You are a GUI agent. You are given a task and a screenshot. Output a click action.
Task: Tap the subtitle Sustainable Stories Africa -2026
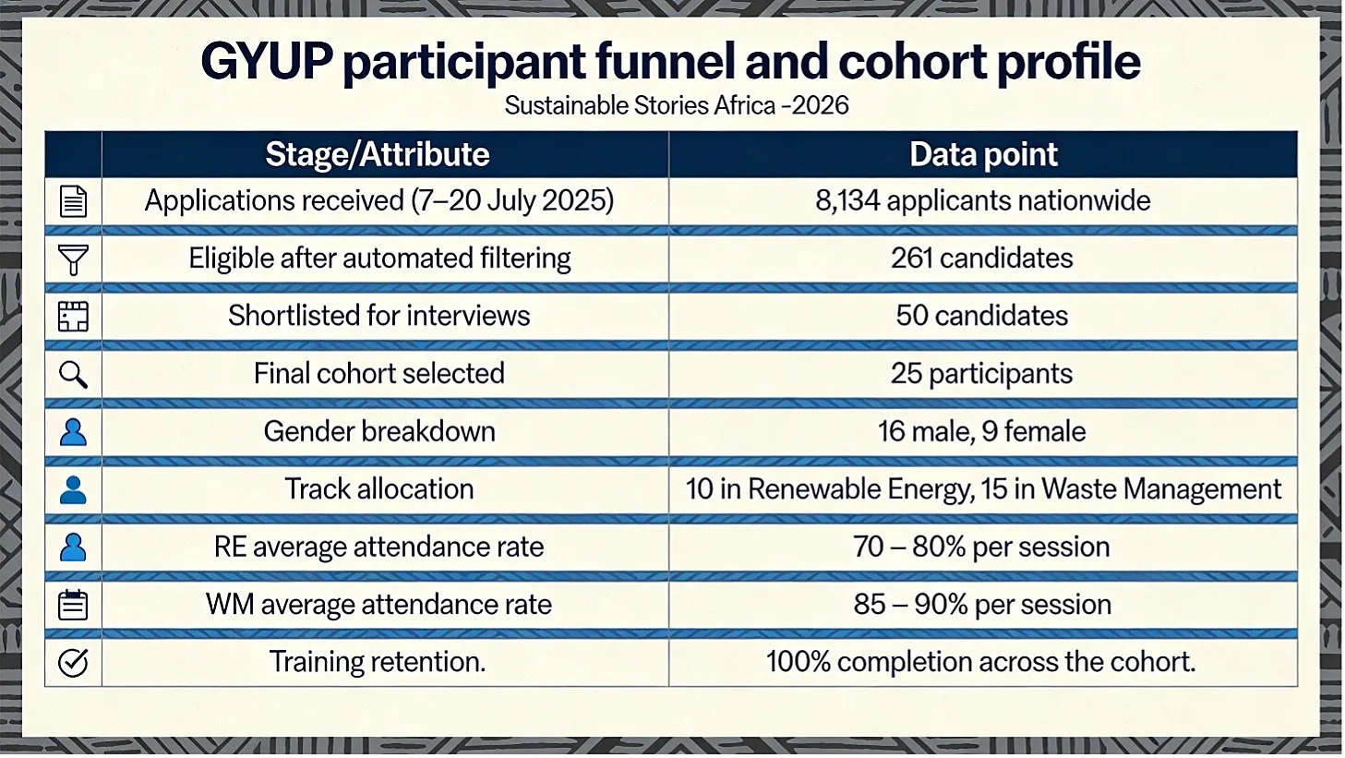pos(677,105)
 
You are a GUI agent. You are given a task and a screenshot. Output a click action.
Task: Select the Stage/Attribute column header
pos(377,154)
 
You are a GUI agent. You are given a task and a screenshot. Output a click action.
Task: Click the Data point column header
pos(983,154)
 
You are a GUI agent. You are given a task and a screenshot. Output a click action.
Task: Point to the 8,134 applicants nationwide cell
pos(983,200)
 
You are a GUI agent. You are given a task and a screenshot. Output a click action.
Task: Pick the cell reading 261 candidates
pos(981,259)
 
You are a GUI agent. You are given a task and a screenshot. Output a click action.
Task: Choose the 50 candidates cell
pos(981,316)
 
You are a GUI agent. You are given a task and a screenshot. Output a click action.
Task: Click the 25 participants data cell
pos(981,374)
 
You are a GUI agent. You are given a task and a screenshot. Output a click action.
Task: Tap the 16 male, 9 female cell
pos(981,431)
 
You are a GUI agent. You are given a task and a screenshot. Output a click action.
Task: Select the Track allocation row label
pos(378,489)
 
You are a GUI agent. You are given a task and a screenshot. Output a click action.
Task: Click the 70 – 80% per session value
pos(981,547)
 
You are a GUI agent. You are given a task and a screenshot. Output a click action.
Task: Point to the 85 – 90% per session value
pos(982,604)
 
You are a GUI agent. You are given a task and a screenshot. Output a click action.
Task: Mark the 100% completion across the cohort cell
pos(981,662)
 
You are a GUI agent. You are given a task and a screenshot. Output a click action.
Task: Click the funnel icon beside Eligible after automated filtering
pos(73,259)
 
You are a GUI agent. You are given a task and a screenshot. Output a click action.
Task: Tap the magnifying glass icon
pos(73,375)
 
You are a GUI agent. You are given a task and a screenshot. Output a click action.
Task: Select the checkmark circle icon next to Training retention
pos(73,663)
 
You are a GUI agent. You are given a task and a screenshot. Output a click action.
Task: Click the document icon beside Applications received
pos(73,201)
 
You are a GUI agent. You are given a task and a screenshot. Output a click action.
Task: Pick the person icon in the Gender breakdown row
pos(73,432)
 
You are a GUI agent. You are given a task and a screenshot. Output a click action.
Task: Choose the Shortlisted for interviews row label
pos(378,316)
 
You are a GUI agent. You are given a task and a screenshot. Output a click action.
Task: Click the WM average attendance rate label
pos(378,604)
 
